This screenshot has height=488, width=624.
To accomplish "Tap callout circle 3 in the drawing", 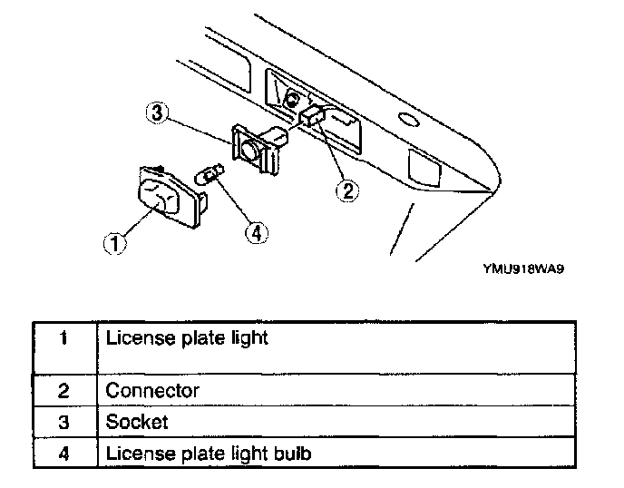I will point(157,115).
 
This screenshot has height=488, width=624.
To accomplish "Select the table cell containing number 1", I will point(63,340).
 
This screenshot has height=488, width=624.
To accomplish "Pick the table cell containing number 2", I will point(63,391).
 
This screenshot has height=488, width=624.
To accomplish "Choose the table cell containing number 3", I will point(63,422).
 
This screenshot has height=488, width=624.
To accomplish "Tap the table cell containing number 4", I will point(63,453).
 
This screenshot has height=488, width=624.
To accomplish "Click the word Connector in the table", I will point(152,391).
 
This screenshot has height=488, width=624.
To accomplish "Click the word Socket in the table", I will point(137,422).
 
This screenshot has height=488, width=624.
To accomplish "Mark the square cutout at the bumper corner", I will point(423,167).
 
